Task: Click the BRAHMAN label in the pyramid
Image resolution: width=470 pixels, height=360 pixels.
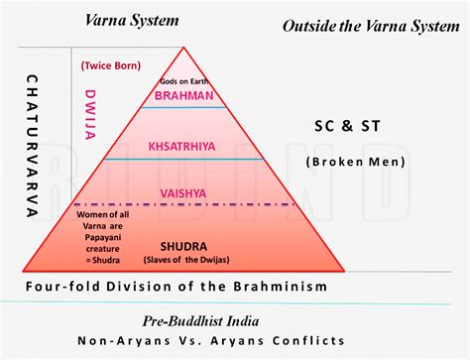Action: point(185,95)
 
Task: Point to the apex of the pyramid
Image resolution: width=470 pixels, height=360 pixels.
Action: point(185,47)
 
